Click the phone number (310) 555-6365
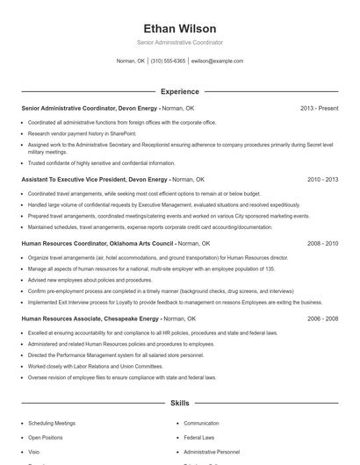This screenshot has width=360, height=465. [168, 61]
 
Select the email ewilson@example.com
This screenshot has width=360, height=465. [217, 61]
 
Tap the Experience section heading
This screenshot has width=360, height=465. [179, 91]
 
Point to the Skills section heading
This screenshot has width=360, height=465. [179, 403]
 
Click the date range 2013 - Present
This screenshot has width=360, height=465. [319, 108]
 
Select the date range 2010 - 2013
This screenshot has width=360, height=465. [322, 179]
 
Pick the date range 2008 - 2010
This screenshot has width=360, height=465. [322, 242]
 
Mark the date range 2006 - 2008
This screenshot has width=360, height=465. [322, 318]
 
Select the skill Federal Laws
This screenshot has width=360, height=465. [199, 437]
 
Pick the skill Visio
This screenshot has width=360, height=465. [33, 451]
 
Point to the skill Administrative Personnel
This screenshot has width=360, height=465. [212, 451]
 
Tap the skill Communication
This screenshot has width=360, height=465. [202, 423]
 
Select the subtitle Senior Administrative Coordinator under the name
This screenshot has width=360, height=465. [179, 42]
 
